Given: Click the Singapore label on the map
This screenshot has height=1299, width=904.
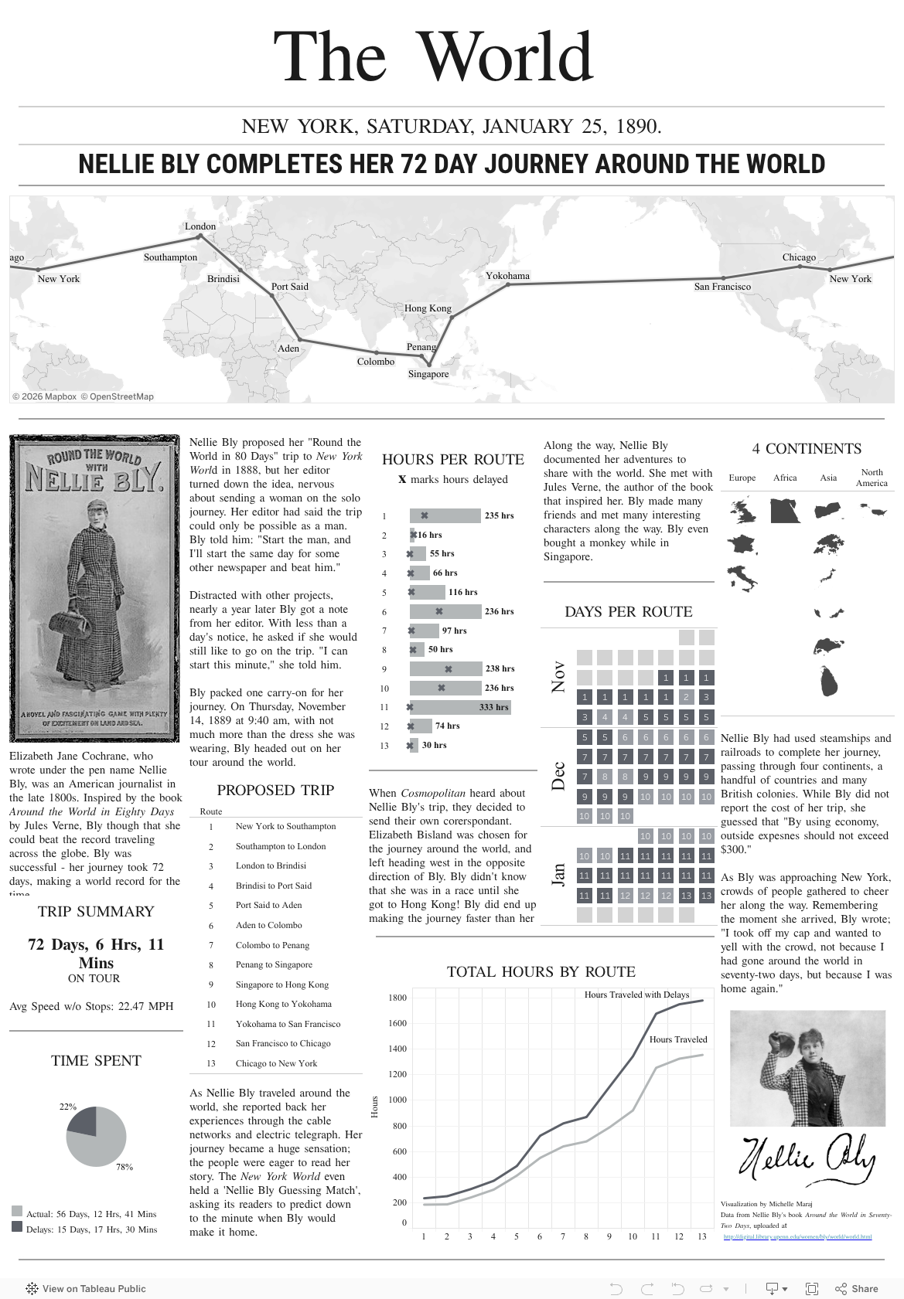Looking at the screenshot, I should coord(428,374).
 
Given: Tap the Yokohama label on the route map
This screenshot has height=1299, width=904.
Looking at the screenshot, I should coord(507,276).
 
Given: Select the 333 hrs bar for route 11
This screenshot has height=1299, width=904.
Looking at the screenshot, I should coord(459,707).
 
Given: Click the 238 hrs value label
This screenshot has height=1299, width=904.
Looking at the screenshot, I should coord(500,668).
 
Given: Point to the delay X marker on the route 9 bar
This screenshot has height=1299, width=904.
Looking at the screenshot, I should coord(449,669).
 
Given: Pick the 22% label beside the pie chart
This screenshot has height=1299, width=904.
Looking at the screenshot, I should coord(68,1107).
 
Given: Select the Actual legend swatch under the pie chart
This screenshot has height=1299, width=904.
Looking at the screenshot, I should coord(17,1211).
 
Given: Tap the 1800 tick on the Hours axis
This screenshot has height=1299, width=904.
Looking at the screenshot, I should coord(397,998).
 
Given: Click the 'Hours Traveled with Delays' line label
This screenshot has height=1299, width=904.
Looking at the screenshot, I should coord(636,995).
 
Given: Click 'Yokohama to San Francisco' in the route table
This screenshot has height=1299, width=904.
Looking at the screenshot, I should coord(288,1024).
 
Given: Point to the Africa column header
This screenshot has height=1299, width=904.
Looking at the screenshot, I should coord(785,478).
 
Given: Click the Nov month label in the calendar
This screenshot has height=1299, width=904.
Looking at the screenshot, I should coord(558,676).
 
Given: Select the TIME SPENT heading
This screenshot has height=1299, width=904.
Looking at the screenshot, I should coord(96,1061).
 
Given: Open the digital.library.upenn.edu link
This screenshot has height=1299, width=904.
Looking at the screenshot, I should coord(797,1236).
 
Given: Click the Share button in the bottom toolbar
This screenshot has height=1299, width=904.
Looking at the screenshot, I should coord(857,1288).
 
